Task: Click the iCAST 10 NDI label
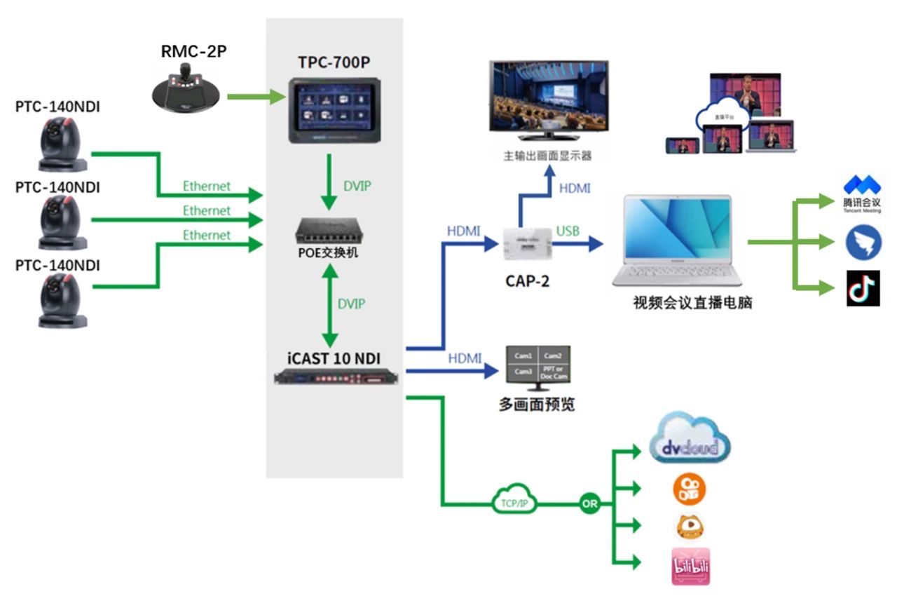point(334,358)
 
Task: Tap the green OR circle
point(589,503)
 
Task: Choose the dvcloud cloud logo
point(690,440)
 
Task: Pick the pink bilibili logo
point(690,567)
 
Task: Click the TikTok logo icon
point(863,288)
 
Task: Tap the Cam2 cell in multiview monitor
point(553,355)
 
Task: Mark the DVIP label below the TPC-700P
point(357,187)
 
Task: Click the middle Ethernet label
point(207,210)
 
